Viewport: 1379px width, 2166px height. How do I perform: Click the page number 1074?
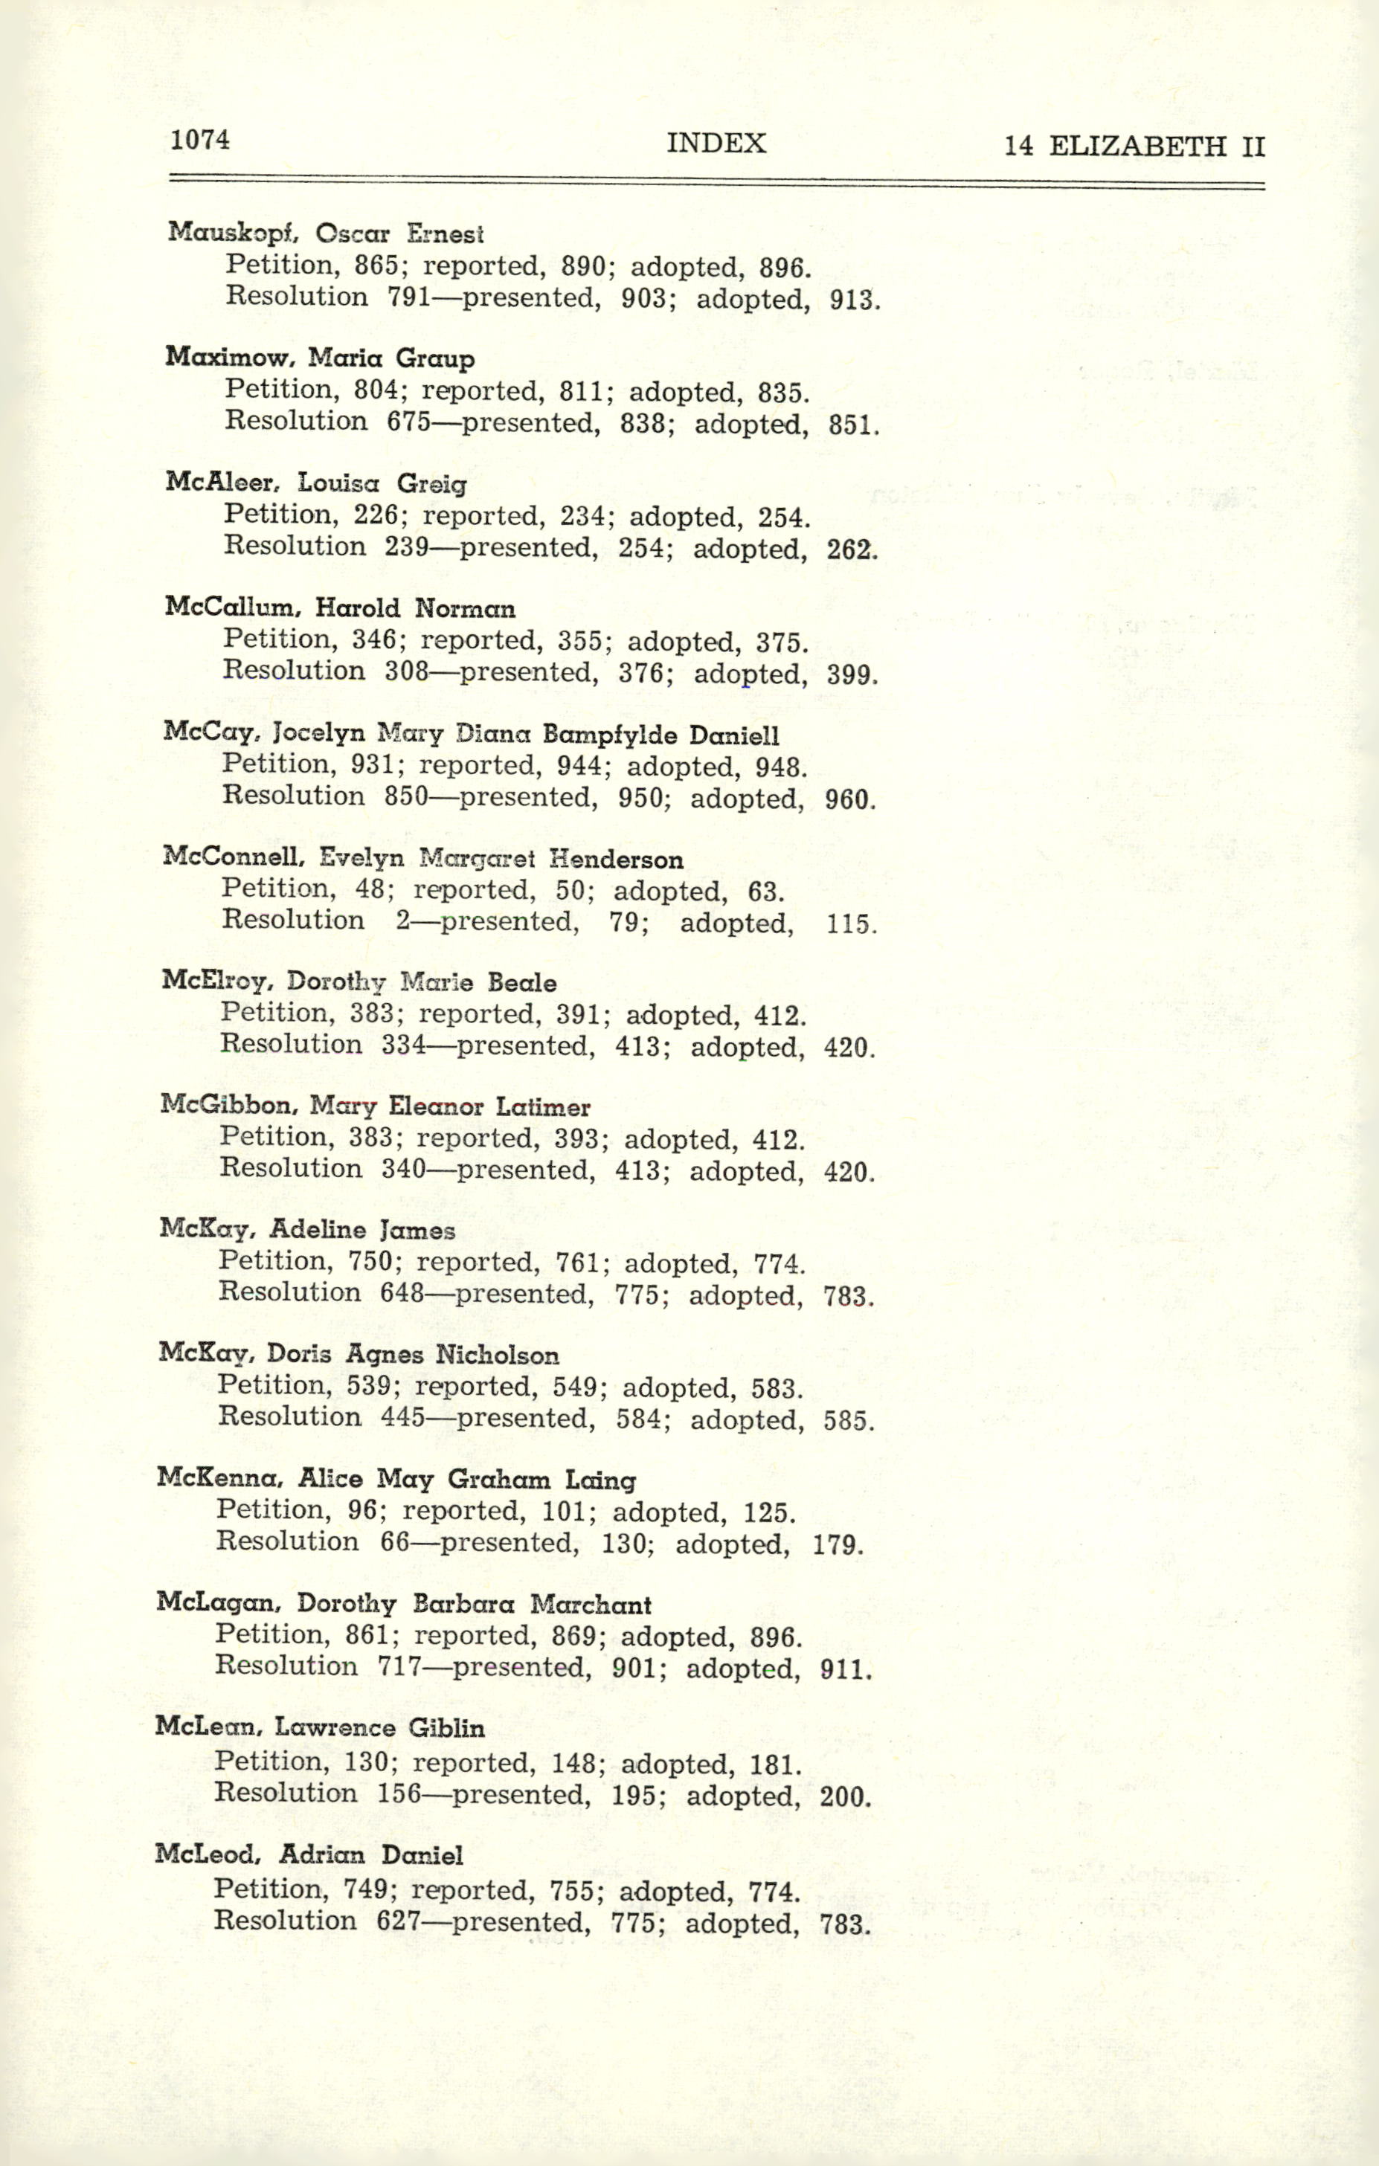199,140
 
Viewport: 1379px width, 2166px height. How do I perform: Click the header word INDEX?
716,143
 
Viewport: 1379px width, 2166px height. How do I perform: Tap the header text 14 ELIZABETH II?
1134,146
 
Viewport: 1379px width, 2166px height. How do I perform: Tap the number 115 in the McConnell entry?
850,924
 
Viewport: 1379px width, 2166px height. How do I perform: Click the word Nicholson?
497,1355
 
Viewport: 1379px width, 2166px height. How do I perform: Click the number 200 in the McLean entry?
845,1796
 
